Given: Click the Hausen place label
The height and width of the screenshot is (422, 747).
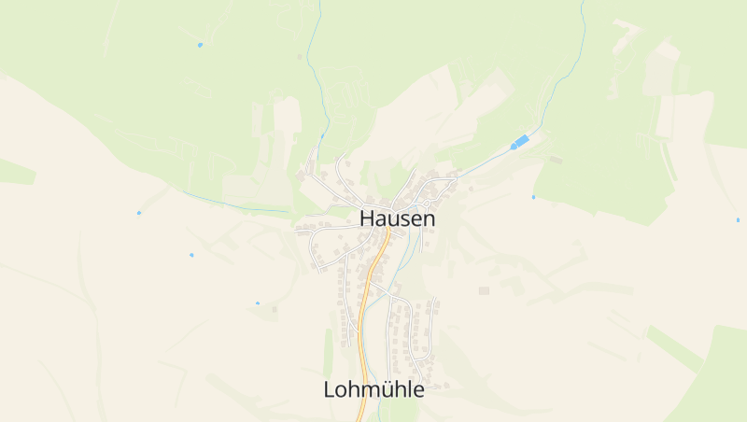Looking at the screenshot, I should click(x=397, y=218).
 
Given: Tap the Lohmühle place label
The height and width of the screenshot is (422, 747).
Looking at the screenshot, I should click(x=373, y=389).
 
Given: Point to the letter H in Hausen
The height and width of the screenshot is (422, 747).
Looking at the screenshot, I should click(x=368, y=218).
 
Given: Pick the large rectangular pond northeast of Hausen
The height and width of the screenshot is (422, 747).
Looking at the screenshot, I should click(x=520, y=141).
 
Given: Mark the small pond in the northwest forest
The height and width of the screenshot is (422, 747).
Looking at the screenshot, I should click(x=200, y=45).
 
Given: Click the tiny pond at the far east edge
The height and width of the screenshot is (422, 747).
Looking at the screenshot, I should click(x=738, y=220).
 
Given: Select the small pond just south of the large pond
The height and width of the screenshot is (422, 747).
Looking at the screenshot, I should click(x=533, y=197).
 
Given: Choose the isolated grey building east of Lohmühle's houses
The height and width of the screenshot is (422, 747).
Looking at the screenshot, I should click(x=484, y=290).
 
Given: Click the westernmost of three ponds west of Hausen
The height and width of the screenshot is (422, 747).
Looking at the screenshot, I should click(x=139, y=213).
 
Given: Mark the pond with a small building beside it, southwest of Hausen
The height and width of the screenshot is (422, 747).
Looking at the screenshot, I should click(x=258, y=303).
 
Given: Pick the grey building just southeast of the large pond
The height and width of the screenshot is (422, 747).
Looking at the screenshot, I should click(x=557, y=160).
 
